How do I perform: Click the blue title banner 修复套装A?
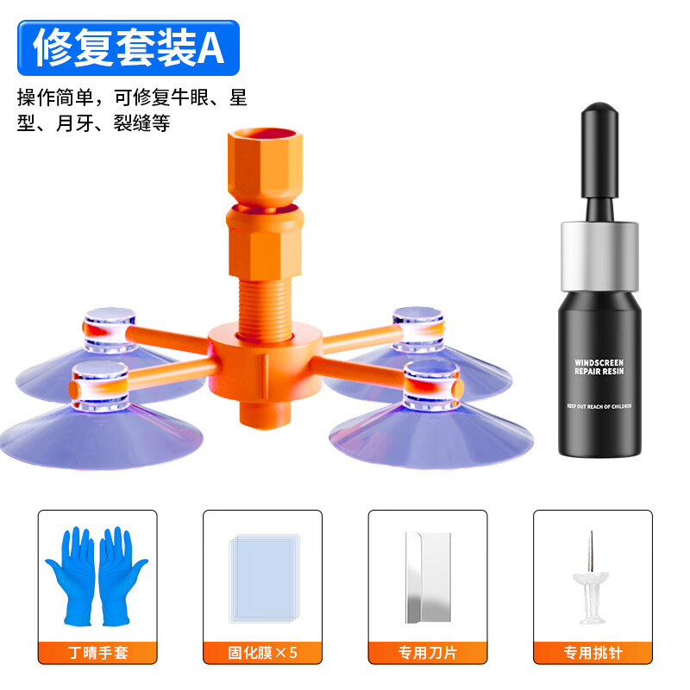point(128,48)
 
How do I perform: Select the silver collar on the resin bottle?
point(600,256)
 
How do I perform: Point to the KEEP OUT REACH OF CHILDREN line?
point(599,405)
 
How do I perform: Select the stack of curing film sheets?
point(263,576)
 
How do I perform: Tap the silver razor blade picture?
point(428,576)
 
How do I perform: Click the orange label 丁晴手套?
point(97,652)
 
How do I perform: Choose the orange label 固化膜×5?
point(262,652)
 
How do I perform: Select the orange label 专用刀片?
point(428,652)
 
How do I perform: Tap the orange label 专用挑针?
point(593,652)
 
